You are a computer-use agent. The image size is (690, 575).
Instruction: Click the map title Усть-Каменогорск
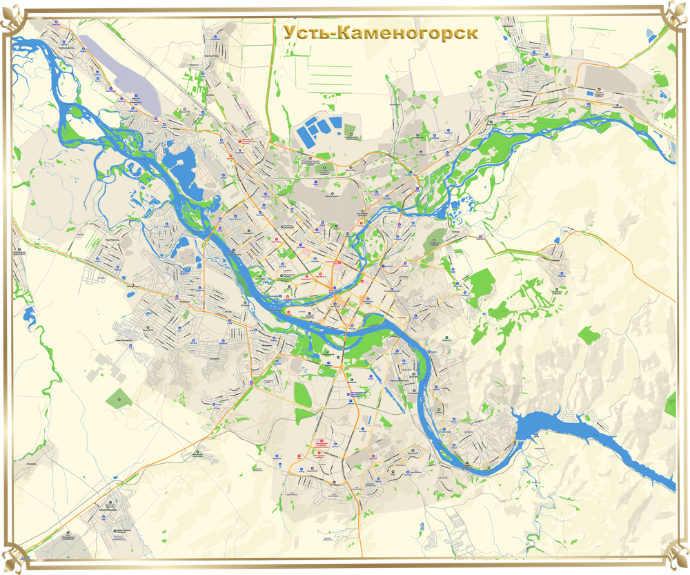click(380, 33)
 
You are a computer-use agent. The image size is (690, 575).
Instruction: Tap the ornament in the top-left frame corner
click(12, 16)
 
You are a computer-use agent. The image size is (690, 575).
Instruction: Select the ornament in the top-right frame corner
click(677, 16)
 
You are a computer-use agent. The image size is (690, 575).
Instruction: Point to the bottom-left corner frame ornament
click(12, 559)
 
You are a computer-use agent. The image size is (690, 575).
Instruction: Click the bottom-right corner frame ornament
click(677, 559)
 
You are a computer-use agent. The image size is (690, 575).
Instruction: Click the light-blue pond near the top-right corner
click(663, 93)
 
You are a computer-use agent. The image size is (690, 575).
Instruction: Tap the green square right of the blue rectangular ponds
click(350, 129)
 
